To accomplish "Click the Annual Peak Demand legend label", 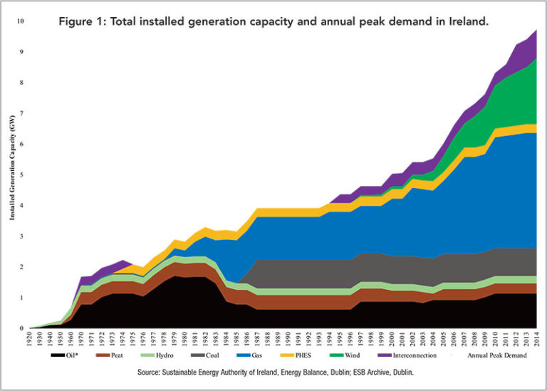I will point(497,354).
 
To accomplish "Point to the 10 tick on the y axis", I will point(21,21).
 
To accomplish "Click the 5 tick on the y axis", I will point(23,175).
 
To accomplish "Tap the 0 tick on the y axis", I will point(23,329).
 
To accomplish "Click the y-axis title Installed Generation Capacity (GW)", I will point(12,175).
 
